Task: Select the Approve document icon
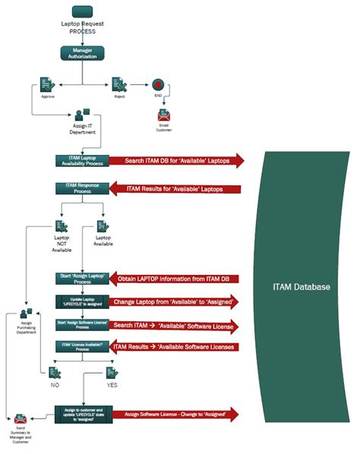pyautogui.click(x=47, y=84)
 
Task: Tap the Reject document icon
pyautogui.click(x=118, y=84)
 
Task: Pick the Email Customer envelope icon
pyautogui.click(x=164, y=115)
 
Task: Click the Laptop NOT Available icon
pyautogui.click(x=62, y=226)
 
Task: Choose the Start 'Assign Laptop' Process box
pyautogui.click(x=81, y=277)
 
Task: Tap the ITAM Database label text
pyautogui.click(x=301, y=287)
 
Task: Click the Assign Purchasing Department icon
pyautogui.click(x=27, y=313)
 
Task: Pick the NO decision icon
pyautogui.click(x=55, y=372)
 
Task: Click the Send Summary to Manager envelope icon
pyautogui.click(x=20, y=419)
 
